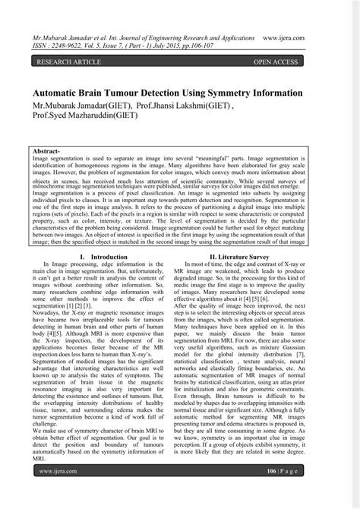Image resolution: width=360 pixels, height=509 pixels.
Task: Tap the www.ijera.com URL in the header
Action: [x=308, y=35]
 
